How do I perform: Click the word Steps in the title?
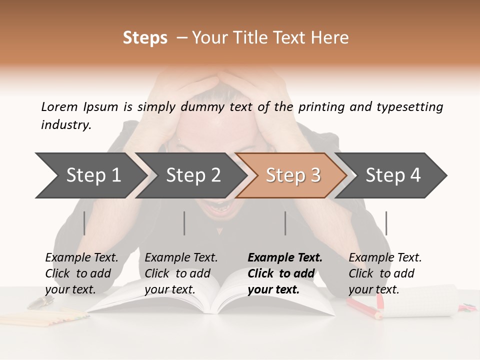[x=145, y=38]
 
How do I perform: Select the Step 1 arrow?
[x=90, y=175]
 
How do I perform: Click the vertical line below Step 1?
[x=84, y=223]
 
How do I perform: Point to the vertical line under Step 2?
[x=184, y=223]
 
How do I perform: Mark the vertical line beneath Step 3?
[x=285, y=223]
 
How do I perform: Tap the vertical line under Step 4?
[x=386, y=223]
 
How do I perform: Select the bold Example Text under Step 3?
[x=285, y=273]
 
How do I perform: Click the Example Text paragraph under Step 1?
[x=81, y=273]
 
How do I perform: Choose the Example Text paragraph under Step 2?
[x=181, y=273]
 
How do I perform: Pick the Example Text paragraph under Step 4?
[x=385, y=273]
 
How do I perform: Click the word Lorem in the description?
[x=59, y=106]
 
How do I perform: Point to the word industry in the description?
[x=66, y=124]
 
